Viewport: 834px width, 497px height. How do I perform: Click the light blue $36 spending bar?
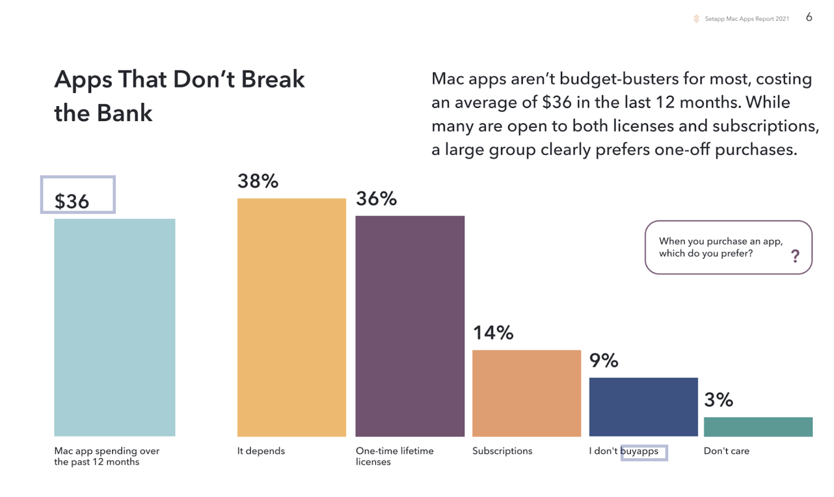(x=115, y=327)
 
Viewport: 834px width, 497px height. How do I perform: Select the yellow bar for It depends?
(x=291, y=317)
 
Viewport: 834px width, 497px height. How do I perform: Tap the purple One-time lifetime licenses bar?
(x=410, y=326)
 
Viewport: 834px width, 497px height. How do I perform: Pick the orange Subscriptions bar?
(x=526, y=393)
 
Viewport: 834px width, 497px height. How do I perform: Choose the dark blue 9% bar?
(x=643, y=407)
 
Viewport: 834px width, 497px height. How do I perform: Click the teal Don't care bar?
(x=758, y=427)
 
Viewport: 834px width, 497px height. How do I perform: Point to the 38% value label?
(x=258, y=181)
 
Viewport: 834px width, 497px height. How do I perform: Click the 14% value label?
(x=493, y=332)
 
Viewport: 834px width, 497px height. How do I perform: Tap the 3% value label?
(x=719, y=400)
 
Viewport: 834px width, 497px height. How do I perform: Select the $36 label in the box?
(x=72, y=201)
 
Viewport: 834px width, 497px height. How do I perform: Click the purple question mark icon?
(x=795, y=256)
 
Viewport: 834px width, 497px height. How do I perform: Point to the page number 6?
(x=809, y=17)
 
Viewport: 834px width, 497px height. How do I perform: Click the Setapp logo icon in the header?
(x=696, y=19)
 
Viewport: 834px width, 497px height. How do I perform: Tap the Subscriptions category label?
(x=502, y=451)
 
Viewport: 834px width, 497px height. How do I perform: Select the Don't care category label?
(x=727, y=451)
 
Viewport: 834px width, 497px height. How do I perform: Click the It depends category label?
(x=261, y=451)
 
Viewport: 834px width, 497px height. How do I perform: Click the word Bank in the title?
(x=125, y=113)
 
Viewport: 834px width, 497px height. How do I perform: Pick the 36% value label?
(x=376, y=198)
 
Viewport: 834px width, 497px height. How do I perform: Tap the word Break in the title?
(x=273, y=79)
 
